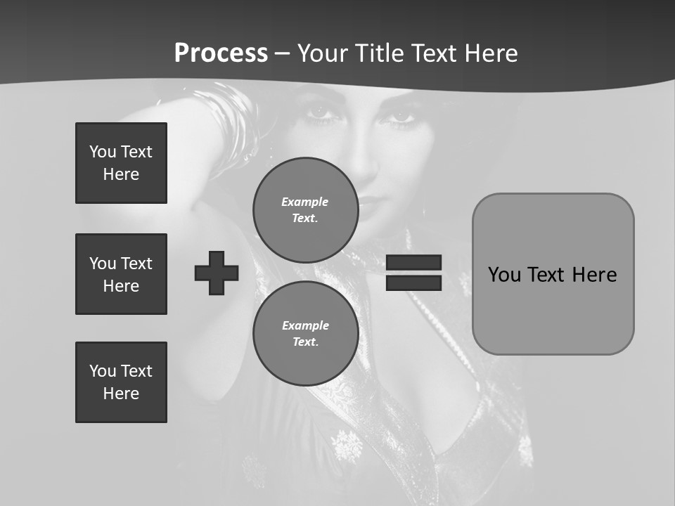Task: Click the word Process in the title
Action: click(x=221, y=53)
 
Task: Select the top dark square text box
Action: click(x=121, y=163)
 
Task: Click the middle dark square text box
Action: click(x=121, y=274)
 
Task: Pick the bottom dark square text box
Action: click(x=121, y=382)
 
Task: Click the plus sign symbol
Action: click(x=217, y=273)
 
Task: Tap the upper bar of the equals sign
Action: click(x=414, y=263)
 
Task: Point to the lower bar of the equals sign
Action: click(x=414, y=283)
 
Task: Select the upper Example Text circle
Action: click(x=305, y=209)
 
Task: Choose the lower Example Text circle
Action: click(x=305, y=333)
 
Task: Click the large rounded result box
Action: click(x=553, y=274)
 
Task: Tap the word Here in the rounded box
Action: click(x=594, y=274)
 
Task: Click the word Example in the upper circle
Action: click(x=305, y=202)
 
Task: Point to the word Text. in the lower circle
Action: click(x=305, y=342)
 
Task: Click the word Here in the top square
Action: click(x=121, y=174)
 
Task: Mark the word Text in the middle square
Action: click(x=137, y=264)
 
